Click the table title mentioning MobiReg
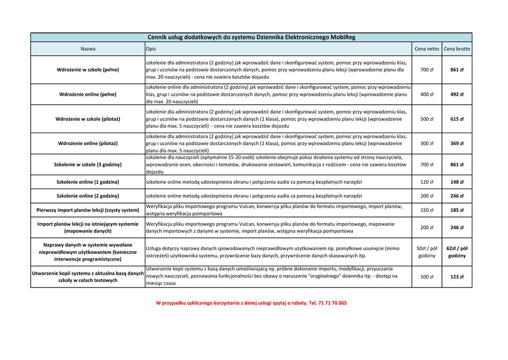point(252,37)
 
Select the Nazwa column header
point(88,49)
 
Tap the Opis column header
point(151,49)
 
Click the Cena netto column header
point(427,49)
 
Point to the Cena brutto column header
point(457,49)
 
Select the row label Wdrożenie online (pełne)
point(88,94)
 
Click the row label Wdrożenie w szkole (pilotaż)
point(88,119)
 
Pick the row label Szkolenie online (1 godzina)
point(88,182)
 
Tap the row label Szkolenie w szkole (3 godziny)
point(88,164)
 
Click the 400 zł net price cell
point(427,94)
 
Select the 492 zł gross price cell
point(457,94)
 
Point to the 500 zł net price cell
point(427,119)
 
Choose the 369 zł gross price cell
point(457,144)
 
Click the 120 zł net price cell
point(427,182)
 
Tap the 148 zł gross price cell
point(457,182)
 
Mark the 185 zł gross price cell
point(457,210)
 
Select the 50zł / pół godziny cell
point(427,252)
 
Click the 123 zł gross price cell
point(457,277)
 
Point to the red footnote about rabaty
point(251,303)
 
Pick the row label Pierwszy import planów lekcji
point(88,210)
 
